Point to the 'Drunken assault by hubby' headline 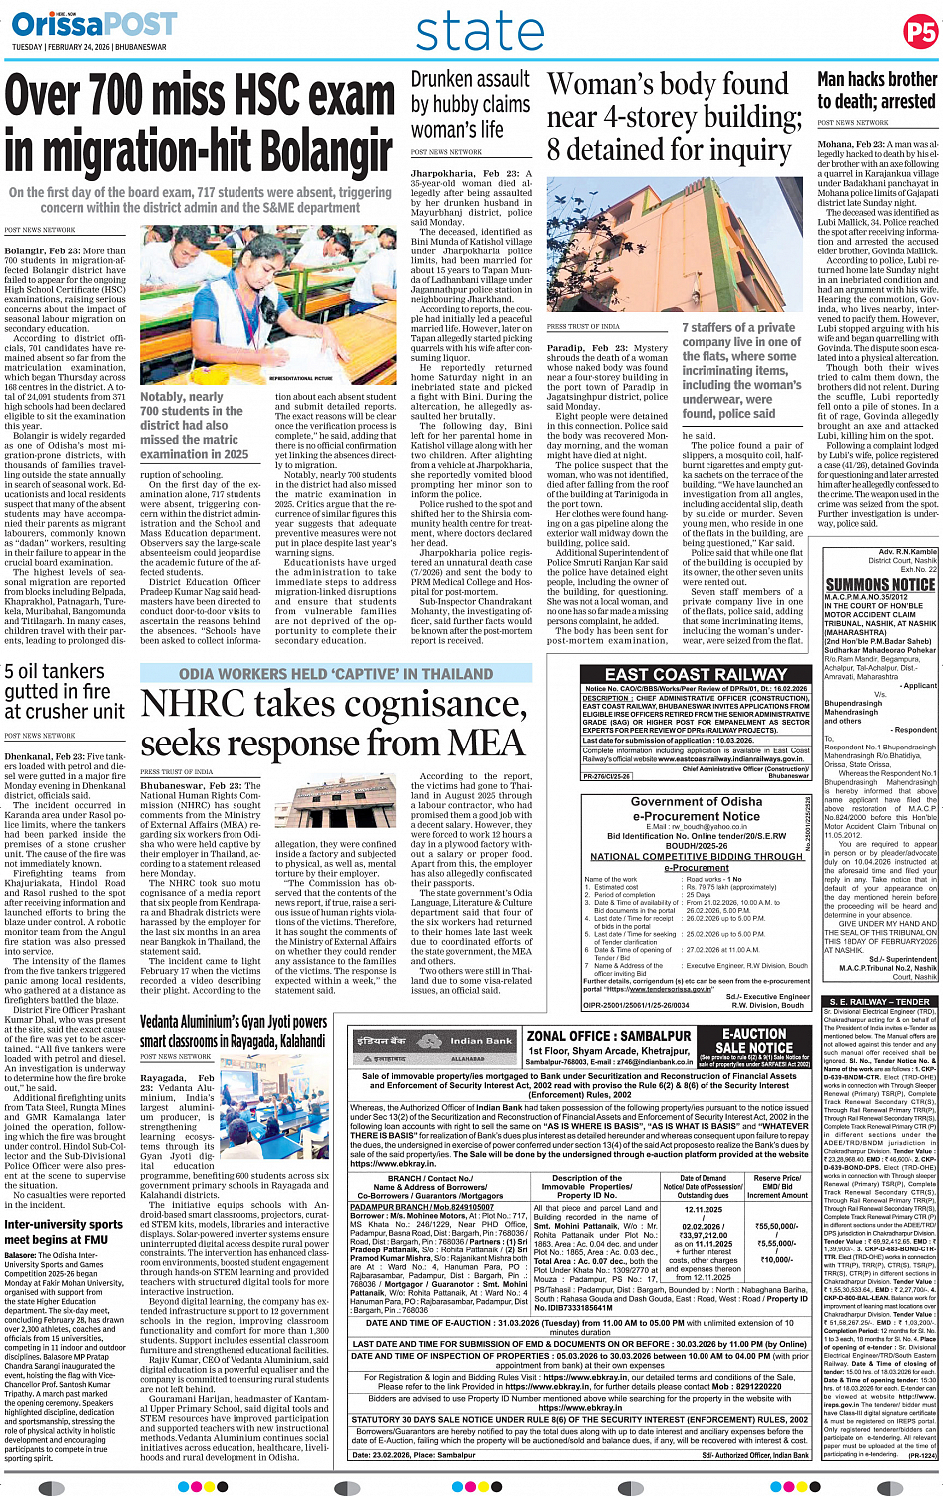tap(470, 104)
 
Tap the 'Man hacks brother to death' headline tap(876, 90)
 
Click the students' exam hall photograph tap(268, 305)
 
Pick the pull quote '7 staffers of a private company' tap(741, 370)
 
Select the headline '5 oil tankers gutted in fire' tap(65, 691)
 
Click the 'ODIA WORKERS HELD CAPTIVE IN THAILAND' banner tap(335, 674)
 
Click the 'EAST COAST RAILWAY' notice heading tap(697, 674)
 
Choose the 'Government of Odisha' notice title tap(697, 801)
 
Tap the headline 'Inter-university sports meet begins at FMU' tap(64, 1232)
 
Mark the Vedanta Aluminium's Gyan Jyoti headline tap(234, 1031)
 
